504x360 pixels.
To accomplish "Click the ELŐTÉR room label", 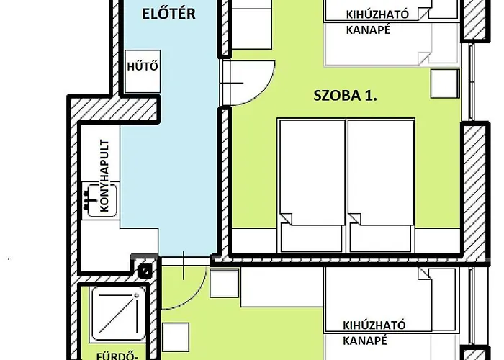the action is click(168, 14).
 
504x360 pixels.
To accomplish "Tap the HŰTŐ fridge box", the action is click(143, 71).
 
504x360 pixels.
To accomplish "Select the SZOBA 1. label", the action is click(345, 96).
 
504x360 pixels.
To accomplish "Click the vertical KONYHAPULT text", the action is click(105, 176).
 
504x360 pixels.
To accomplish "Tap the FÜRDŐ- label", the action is click(117, 356).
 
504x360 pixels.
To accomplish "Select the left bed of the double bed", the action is click(312, 186).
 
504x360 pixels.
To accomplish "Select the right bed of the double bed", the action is click(380, 186).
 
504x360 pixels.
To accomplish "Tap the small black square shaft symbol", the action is click(144, 271).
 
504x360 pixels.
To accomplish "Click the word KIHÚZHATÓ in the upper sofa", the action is click(377, 14).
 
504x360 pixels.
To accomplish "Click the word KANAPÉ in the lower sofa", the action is click(365, 341).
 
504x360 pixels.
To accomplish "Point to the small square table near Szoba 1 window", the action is click(445, 84).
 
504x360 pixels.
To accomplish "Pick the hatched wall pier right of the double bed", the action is click(475, 189).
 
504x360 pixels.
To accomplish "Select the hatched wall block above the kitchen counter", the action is click(114, 109).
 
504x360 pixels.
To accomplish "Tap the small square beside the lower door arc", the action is click(225, 283).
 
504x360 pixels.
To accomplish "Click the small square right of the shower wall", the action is click(176, 337).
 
